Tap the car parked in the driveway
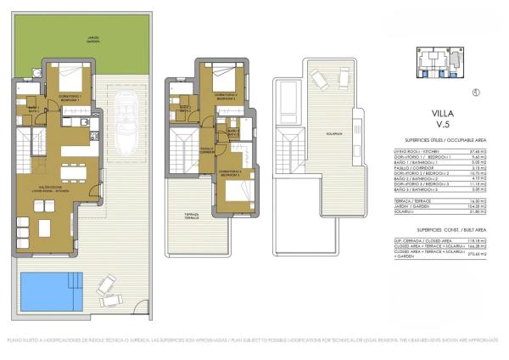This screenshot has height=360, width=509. coord(131,127)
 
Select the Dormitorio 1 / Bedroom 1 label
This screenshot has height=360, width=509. coord(73,98)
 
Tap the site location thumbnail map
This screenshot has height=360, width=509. coord(441,62)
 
